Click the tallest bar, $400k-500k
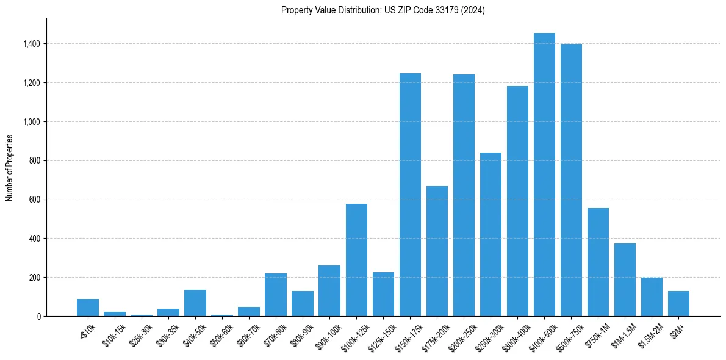click(x=544, y=175)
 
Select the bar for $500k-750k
click(x=571, y=180)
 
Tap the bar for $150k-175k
click(x=410, y=195)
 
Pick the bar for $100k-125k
click(x=356, y=260)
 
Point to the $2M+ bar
click(x=678, y=304)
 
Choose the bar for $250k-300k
click(x=491, y=234)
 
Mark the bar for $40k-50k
click(x=195, y=303)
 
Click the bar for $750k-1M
click(x=598, y=262)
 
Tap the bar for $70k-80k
click(x=276, y=295)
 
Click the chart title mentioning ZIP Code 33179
click(x=383, y=10)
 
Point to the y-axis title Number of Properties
click(x=10, y=168)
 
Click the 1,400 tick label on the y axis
click(x=32, y=44)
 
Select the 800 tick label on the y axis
click(x=35, y=160)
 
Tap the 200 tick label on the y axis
click(x=35, y=278)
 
